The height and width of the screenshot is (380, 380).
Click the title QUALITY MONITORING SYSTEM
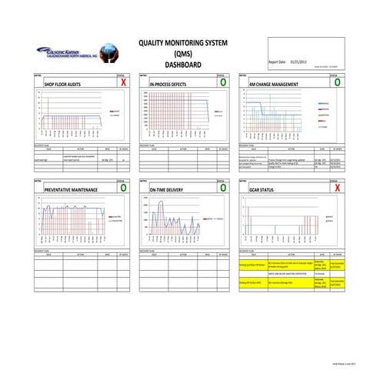[182, 44]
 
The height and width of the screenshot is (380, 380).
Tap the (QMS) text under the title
[182, 54]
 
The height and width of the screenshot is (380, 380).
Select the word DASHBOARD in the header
[182, 65]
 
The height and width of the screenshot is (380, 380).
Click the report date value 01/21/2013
[299, 60]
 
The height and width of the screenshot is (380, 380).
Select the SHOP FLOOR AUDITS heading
[63, 82]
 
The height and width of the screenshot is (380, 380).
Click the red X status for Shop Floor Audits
[123, 82]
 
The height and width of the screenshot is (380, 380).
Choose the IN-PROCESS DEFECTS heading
[172, 82]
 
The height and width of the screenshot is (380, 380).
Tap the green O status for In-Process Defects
[223, 82]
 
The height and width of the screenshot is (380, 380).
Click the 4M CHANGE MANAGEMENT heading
[274, 82]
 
